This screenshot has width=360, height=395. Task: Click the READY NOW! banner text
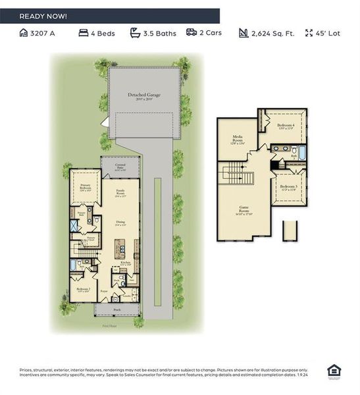(x=43, y=15)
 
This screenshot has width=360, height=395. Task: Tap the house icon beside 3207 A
(x=24, y=32)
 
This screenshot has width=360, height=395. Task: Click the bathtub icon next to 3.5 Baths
(x=135, y=32)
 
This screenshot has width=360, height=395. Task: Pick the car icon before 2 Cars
(x=192, y=32)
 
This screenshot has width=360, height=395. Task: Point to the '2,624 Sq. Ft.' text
(x=272, y=33)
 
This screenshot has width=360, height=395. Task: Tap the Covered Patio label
(x=120, y=168)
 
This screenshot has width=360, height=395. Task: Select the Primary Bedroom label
(x=86, y=188)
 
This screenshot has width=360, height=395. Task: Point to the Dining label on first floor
(x=120, y=223)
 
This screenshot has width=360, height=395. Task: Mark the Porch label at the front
(x=117, y=308)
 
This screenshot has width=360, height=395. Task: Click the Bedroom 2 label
(x=82, y=290)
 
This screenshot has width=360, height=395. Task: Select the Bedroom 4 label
(x=285, y=126)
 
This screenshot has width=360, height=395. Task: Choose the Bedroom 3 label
(x=288, y=187)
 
